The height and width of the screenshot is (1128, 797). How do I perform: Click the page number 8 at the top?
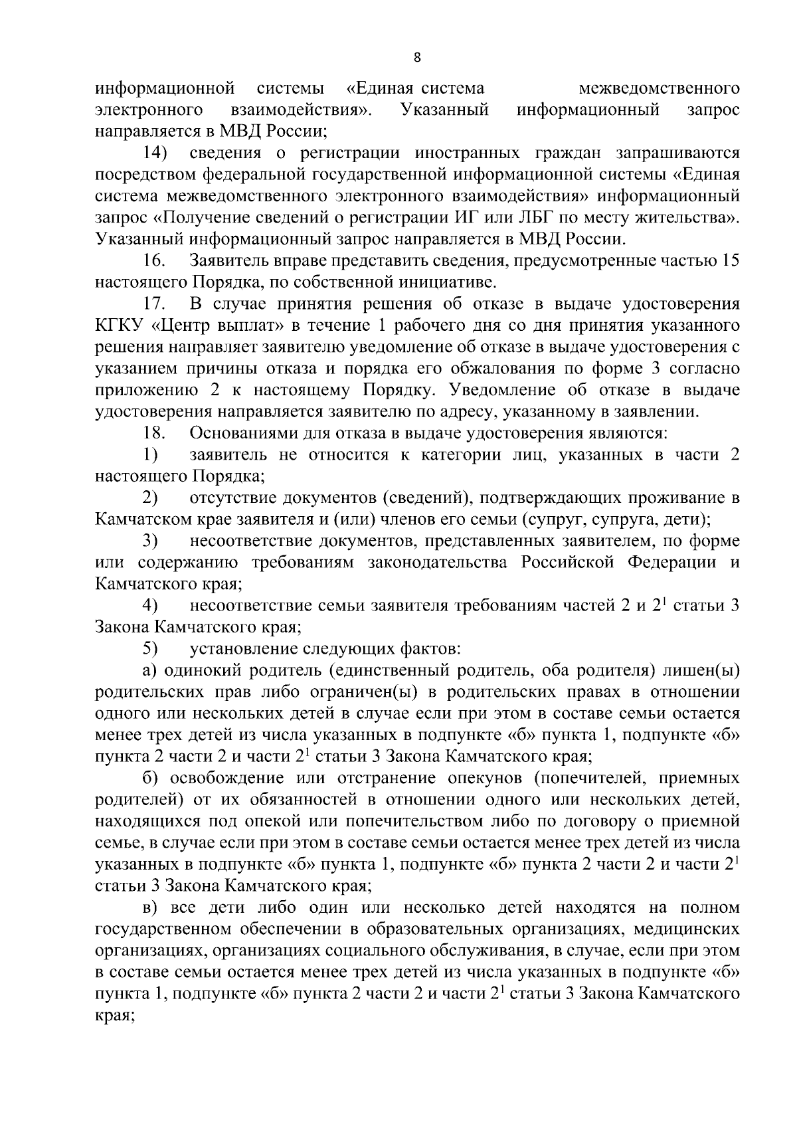pyautogui.click(x=416, y=58)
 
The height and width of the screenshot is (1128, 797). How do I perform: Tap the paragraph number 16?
pyautogui.click(x=153, y=261)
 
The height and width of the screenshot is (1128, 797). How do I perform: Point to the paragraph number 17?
pyautogui.click(x=153, y=304)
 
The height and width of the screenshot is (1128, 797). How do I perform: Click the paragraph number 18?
pyautogui.click(x=153, y=434)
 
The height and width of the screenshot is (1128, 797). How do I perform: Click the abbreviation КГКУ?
pyautogui.click(x=118, y=326)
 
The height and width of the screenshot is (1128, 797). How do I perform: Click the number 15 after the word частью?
pyautogui.click(x=730, y=261)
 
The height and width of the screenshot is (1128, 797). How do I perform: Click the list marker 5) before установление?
pyautogui.click(x=149, y=648)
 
